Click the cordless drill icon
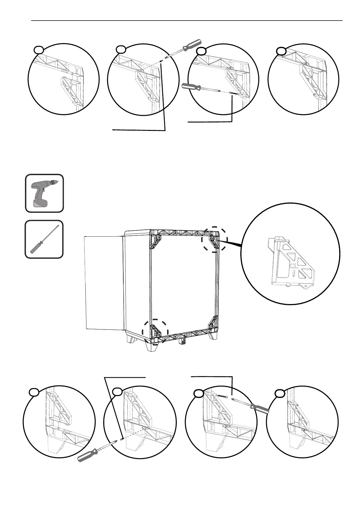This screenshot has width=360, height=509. [x=44, y=193]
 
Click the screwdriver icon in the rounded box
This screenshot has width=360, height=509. [x=44, y=239]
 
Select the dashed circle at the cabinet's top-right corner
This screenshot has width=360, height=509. [x=214, y=239]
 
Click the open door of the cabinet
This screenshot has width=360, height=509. [x=104, y=283]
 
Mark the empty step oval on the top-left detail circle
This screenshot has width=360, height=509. [x=38, y=49]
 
